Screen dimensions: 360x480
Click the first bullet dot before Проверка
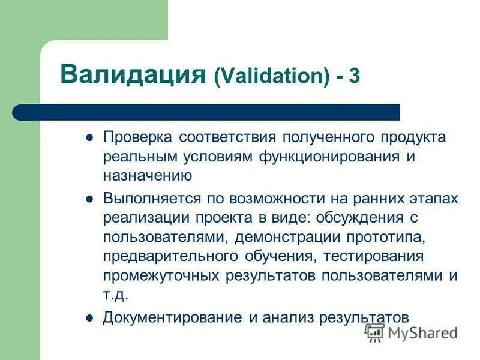[89, 137]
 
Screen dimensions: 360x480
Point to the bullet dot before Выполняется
[89, 199]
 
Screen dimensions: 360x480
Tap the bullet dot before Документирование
[89, 317]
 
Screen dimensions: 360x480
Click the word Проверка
[137, 137]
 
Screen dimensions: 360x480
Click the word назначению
[147, 176]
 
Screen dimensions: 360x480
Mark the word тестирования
[374, 257]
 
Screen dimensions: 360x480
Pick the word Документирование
[172, 317]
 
